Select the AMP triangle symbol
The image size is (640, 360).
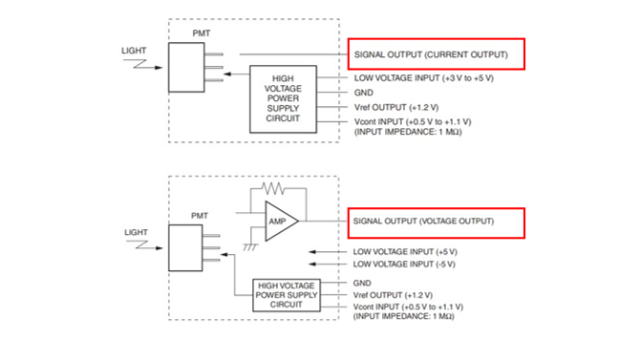pos(279,221)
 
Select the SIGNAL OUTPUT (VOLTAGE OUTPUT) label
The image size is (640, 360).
pos(423,222)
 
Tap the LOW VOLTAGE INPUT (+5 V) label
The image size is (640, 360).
pos(404,252)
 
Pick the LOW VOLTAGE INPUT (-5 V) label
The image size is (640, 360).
pos(404,265)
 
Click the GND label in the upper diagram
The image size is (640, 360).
pos(363,93)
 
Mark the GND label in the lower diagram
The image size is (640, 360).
pos(363,283)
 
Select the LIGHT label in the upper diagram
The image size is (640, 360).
pos(135,50)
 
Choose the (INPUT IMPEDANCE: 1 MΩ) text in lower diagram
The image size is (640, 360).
pos(403,317)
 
